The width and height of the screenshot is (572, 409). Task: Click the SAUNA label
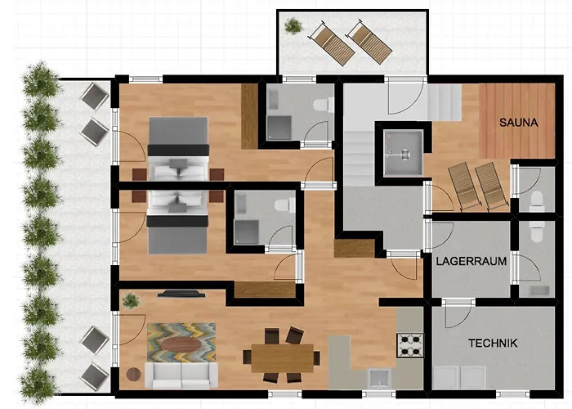[518, 123]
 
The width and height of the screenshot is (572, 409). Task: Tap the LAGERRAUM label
[471, 261]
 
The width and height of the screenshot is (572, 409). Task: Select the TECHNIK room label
[493, 343]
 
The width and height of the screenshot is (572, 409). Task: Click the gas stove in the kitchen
[410, 345]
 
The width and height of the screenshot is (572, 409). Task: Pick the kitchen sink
[379, 378]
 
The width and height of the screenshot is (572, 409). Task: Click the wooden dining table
[283, 358]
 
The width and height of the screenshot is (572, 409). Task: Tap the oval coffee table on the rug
[181, 344]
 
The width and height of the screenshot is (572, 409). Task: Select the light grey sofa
[181, 375]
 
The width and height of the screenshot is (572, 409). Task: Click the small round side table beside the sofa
[133, 375]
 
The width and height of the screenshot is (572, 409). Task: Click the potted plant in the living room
[131, 300]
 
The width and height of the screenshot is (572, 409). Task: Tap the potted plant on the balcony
[293, 26]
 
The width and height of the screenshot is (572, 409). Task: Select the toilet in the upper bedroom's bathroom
[324, 105]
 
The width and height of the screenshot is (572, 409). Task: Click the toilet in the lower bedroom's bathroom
[285, 204]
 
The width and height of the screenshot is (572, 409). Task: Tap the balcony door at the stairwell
[405, 96]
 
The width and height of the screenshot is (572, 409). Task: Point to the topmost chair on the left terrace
[95, 97]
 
